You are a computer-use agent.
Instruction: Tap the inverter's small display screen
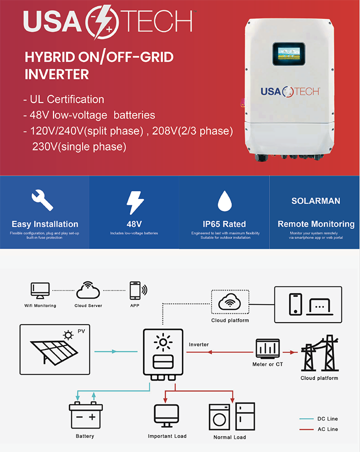[289, 53]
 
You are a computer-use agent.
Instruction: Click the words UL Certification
[67, 99]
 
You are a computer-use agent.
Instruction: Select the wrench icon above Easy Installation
[42, 200]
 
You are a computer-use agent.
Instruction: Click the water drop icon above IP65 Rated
[224, 201]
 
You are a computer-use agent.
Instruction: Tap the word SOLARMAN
[315, 201]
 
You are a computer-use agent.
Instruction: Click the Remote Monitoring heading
[316, 224]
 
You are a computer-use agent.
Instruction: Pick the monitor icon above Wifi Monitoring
[40, 291]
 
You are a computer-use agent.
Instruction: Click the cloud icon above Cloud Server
[88, 290]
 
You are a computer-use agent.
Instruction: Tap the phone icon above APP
[135, 290]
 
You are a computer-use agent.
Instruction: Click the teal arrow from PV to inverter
[116, 351]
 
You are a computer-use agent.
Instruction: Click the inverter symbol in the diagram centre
[163, 354]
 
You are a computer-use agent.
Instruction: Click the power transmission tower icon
[320, 353]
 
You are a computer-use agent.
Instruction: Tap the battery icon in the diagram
[86, 415]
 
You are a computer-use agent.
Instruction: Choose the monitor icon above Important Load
[166, 415]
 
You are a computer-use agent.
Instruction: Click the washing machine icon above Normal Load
[219, 417]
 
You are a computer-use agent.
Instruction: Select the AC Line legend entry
[318, 429]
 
